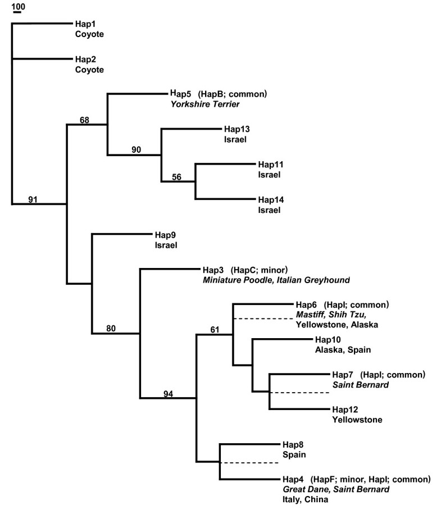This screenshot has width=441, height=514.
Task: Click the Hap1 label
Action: (84, 25)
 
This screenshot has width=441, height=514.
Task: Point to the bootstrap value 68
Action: (85, 119)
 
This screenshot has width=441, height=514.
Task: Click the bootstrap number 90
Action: (137, 150)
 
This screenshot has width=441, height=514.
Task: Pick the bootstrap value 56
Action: (176, 176)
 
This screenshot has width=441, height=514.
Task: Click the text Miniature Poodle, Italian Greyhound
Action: (272, 279)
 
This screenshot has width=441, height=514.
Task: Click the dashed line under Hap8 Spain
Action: (248, 463)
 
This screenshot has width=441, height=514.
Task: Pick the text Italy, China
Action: (305, 499)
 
